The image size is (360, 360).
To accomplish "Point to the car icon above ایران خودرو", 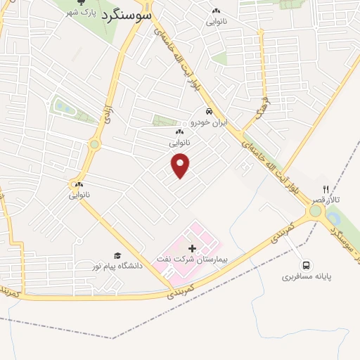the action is [209, 112].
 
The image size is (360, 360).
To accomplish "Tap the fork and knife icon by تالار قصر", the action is [325, 189].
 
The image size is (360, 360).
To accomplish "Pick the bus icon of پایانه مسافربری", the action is [307, 265].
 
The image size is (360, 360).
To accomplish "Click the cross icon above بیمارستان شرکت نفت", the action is [192, 248].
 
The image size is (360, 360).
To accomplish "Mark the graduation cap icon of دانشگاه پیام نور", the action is [117, 255].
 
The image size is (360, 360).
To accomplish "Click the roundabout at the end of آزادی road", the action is [94, 145].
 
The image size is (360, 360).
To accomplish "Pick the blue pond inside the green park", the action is [61, 107].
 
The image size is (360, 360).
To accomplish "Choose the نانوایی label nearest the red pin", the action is [179, 141].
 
